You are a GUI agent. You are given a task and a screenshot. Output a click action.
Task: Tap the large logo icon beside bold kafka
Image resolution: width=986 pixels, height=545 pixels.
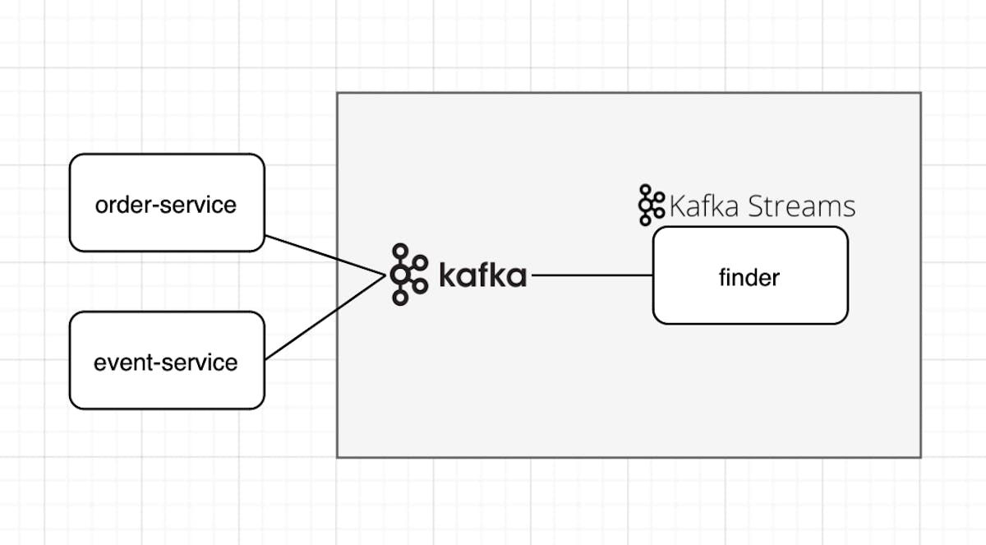tap(409, 275)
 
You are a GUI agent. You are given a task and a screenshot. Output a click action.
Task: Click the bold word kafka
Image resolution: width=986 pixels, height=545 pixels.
tap(482, 275)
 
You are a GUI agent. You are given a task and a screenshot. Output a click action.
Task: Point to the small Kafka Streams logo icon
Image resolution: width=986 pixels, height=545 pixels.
tap(651, 205)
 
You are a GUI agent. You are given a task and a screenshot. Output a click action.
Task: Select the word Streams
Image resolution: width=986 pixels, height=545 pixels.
tap(802, 206)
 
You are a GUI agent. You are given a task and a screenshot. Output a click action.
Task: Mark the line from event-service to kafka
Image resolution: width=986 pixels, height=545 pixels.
tap(325, 317)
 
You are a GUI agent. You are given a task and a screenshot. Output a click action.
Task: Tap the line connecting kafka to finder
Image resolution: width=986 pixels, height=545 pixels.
tap(592, 275)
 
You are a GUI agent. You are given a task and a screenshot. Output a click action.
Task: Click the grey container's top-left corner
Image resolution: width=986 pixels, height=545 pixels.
tap(338, 93)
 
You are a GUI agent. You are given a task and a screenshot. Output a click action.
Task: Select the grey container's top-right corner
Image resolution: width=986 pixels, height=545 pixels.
tap(920, 93)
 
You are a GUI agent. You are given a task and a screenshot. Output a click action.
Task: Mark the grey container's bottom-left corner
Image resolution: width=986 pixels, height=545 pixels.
tap(338, 456)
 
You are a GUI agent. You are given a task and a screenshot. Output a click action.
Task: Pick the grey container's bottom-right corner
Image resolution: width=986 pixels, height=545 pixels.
tap(920, 456)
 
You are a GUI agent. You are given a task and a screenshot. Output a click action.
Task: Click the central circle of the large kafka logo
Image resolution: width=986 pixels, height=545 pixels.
tap(401, 275)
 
